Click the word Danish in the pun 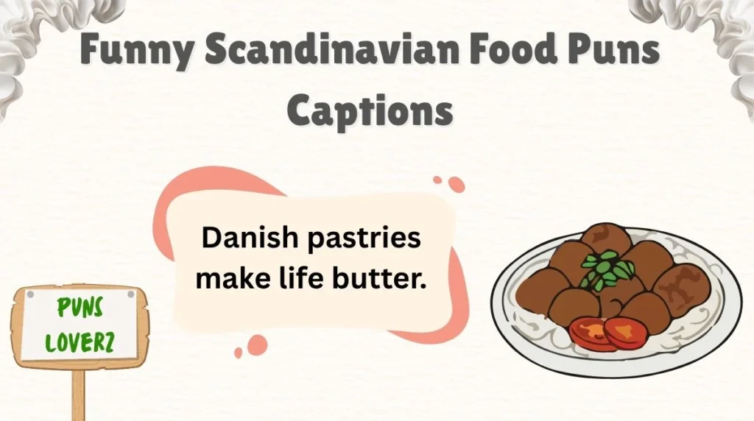coord(244,239)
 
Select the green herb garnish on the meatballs coord(607,269)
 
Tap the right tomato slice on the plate coord(626,333)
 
